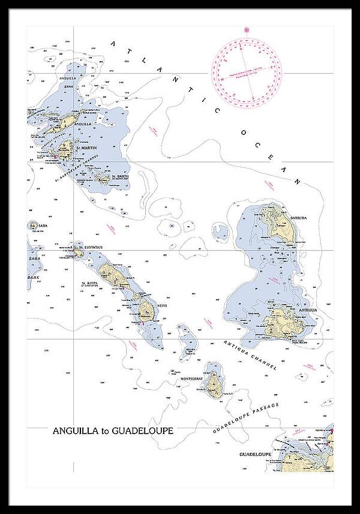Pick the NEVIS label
161,305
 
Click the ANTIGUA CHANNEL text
250,354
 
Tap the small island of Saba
32,226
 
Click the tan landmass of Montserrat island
213,384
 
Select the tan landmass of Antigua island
279,324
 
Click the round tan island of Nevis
145,310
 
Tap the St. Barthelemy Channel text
77,169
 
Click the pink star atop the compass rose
246,29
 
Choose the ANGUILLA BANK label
68,82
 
